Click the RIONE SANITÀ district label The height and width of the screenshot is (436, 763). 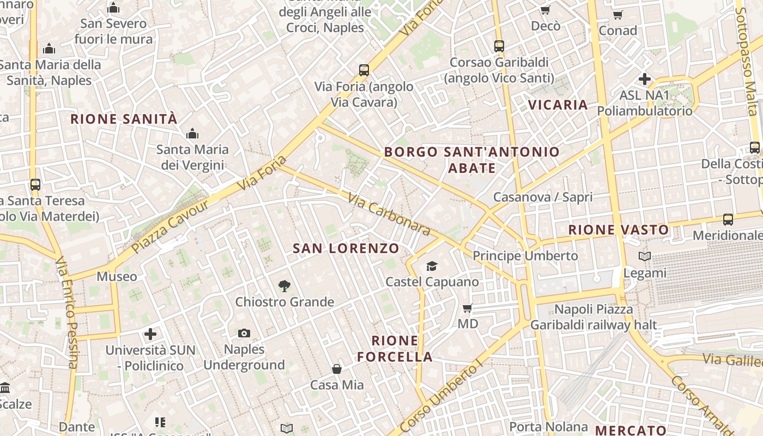point(124,119)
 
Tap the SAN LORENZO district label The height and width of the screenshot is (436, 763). point(346,249)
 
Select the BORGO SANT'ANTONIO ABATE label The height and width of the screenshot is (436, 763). point(472,160)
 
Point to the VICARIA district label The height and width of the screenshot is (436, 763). point(558,105)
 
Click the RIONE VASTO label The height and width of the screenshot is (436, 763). point(619,230)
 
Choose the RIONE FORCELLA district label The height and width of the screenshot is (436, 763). point(395,349)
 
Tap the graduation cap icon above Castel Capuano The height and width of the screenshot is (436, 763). point(432,266)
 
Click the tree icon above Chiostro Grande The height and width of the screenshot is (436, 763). point(284,286)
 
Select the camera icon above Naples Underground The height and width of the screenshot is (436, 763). point(244,333)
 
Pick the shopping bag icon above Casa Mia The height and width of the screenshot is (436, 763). point(337,369)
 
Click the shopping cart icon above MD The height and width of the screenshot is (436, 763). point(467,308)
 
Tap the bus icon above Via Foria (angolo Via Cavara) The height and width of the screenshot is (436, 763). point(364,70)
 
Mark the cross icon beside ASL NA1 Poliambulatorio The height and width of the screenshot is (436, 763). point(645,79)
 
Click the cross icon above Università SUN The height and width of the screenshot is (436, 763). point(150,334)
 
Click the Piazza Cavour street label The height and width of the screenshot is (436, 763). point(171,227)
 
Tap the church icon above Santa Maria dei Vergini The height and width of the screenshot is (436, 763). point(192,134)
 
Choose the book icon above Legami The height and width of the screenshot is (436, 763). point(645,256)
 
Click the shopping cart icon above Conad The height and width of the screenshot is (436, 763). point(617,15)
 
